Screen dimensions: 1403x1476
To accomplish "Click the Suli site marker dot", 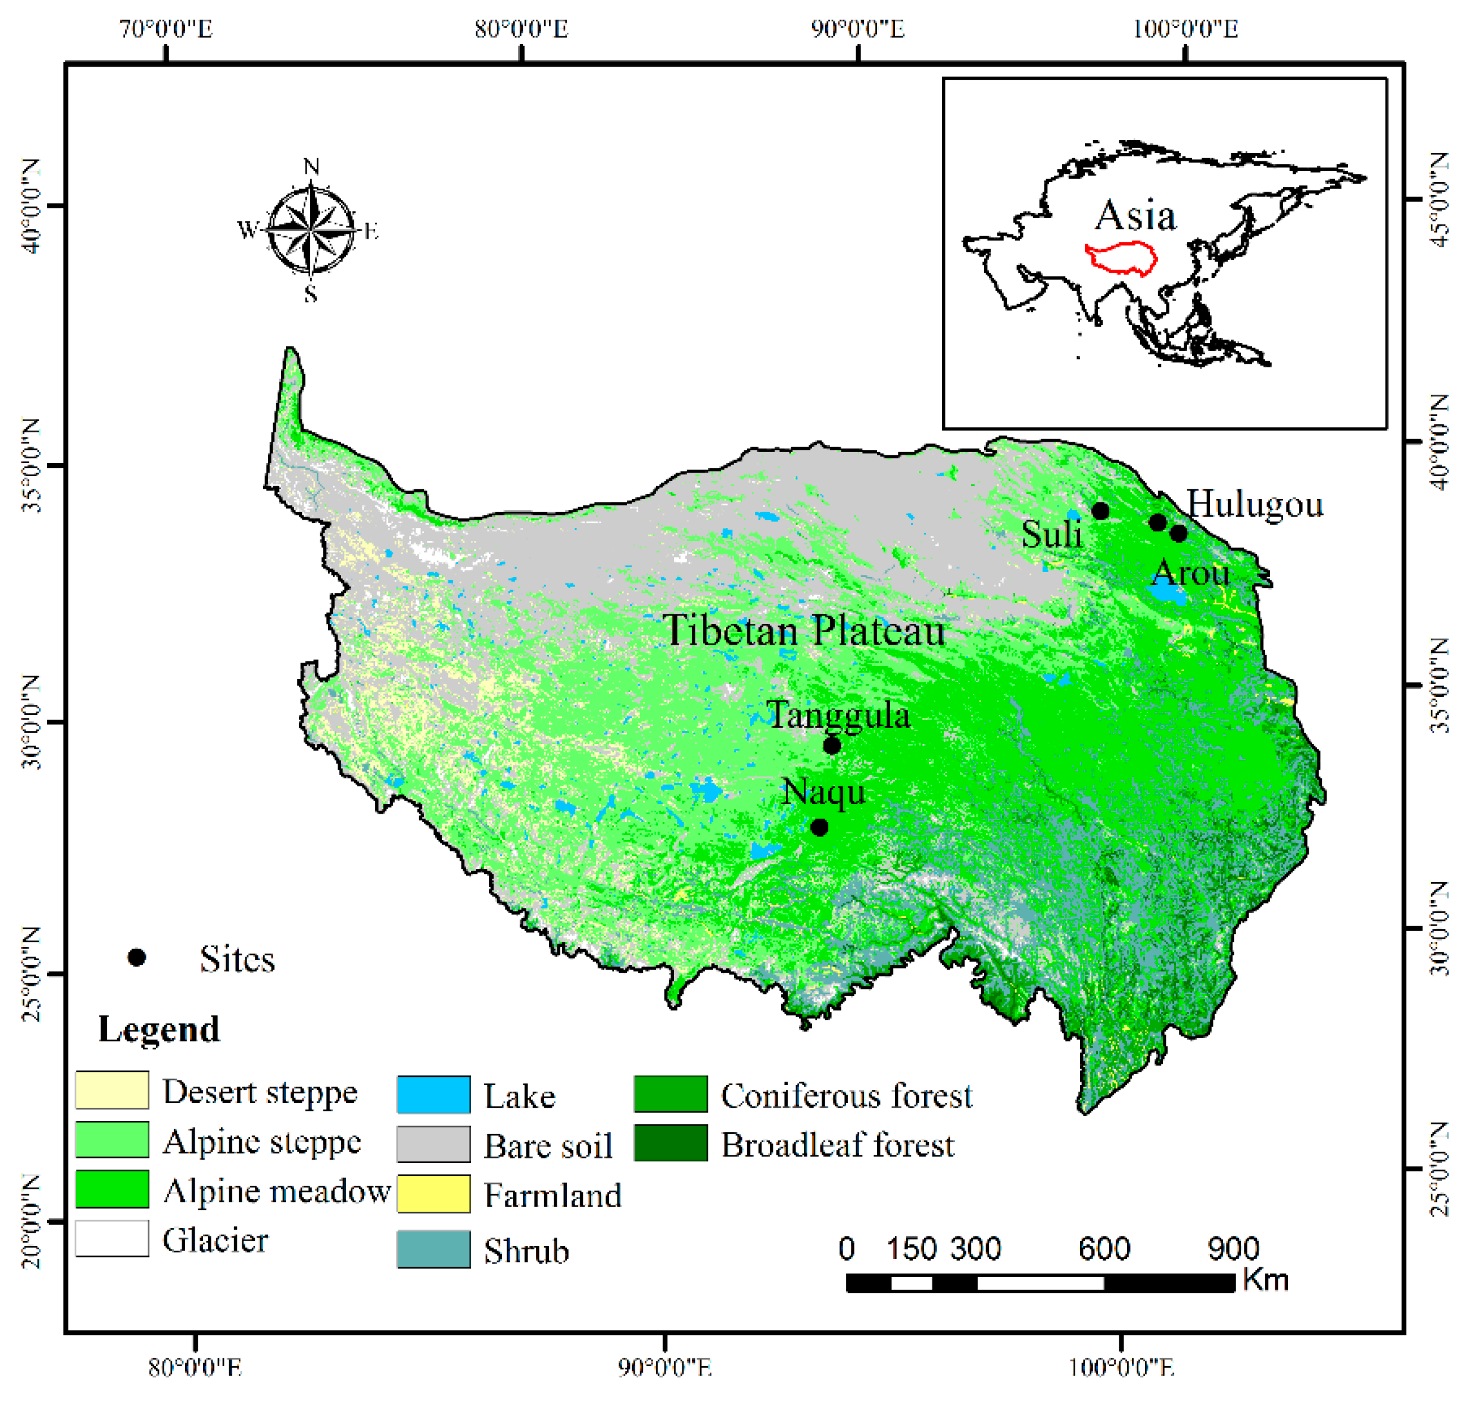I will tap(1100, 511).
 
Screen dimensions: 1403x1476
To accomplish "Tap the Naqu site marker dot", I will tap(819, 828).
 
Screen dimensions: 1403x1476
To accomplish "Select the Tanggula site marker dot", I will tap(832, 746).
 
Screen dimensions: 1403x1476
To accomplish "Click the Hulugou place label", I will tap(1255, 505).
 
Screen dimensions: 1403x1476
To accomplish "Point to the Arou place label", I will tap(1190, 574).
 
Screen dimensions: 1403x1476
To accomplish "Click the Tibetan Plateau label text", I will tap(804, 630).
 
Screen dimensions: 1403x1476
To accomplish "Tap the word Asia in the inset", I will tap(1135, 216).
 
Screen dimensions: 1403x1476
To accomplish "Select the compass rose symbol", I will tap(310, 230).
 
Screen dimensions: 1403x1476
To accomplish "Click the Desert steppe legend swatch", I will tap(112, 1090).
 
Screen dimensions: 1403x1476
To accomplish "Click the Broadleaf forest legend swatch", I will tap(670, 1143).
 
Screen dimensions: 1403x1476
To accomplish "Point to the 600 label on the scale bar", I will tap(1103, 1248).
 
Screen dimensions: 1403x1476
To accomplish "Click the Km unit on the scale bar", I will tap(1266, 1280).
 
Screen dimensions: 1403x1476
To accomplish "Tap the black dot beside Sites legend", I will tap(136, 957).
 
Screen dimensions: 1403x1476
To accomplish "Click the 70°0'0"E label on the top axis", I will tap(166, 29).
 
